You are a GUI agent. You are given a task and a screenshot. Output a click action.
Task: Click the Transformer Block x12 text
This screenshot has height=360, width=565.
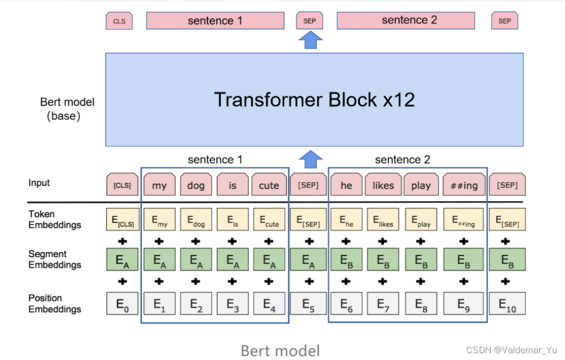click(x=314, y=100)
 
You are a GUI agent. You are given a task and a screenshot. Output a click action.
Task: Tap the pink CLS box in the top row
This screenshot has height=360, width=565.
click(x=119, y=22)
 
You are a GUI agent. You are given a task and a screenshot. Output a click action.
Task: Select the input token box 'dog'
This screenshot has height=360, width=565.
click(x=196, y=185)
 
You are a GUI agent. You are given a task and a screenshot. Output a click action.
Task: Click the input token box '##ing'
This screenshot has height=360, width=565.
click(x=463, y=185)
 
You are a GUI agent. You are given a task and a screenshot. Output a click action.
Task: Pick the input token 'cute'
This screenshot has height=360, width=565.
click(x=269, y=185)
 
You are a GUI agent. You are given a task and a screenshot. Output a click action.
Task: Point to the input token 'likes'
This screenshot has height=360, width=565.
click(x=383, y=185)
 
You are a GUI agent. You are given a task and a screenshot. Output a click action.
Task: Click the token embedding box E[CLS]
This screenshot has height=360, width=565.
click(x=123, y=219)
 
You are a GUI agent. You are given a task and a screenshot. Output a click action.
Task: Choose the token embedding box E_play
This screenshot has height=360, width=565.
click(x=421, y=219)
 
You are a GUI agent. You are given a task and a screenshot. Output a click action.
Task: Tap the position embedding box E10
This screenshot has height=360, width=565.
click(x=507, y=304)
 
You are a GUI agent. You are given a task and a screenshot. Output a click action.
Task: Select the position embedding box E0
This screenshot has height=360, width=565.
click(x=123, y=304)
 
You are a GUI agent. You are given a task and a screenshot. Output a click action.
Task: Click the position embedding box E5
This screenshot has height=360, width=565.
click(x=308, y=304)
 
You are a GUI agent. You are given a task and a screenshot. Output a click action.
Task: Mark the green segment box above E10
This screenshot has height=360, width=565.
click(x=507, y=259)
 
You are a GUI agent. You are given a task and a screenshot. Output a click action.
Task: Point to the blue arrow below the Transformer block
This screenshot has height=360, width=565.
click(x=310, y=159)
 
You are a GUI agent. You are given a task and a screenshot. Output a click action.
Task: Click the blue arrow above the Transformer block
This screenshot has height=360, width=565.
click(x=310, y=40)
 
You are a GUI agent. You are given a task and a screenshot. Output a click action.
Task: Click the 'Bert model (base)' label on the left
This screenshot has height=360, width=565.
click(x=66, y=109)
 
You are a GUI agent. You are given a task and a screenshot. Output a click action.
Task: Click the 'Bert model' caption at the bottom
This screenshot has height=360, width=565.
click(x=281, y=350)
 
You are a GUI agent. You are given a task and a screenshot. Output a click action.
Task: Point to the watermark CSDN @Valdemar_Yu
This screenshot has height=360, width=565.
click(x=512, y=350)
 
